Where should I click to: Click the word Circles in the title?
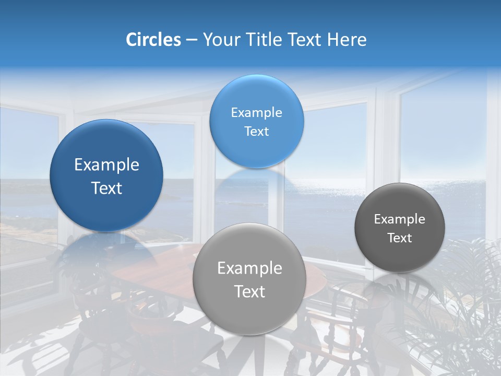pyautogui.click(x=153, y=40)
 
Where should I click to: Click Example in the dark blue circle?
pyautogui.click(x=106, y=165)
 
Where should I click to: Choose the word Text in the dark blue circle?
pyautogui.click(x=106, y=189)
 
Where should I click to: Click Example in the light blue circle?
pyautogui.click(x=256, y=113)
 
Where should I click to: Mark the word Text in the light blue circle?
pyautogui.click(x=256, y=132)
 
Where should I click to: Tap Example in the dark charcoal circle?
pyautogui.click(x=400, y=219)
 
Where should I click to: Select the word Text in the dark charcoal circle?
pyautogui.click(x=400, y=238)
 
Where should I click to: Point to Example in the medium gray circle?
pyautogui.click(x=249, y=268)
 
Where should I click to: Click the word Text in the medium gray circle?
pyautogui.click(x=249, y=292)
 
